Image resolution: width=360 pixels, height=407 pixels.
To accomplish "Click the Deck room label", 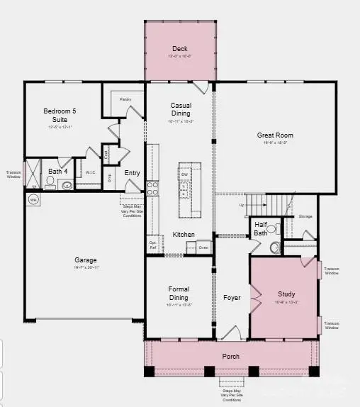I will tap(179, 49).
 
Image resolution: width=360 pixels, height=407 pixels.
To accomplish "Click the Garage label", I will tap(86, 260).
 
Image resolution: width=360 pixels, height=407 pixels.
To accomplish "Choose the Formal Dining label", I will tap(178, 293).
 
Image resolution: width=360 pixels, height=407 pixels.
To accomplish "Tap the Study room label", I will tap(286, 294).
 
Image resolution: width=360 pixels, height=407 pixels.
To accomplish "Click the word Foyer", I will tap(232, 298).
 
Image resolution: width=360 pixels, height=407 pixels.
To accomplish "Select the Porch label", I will tap(230, 356).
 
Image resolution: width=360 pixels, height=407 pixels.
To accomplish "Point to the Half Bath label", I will tap(260, 229).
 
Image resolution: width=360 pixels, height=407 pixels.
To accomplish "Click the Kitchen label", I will tap(184, 235).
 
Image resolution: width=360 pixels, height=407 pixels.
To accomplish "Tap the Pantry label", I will tap(125, 100).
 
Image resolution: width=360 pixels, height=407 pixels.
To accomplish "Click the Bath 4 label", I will tap(57, 172).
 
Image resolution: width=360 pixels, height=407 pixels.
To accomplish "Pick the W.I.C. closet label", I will tap(91, 172).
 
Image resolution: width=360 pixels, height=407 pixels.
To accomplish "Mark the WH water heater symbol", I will tap(33, 201).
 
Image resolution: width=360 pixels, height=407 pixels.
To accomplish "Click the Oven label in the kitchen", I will tap(203, 247).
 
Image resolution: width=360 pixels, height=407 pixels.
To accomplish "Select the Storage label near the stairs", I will tap(305, 216).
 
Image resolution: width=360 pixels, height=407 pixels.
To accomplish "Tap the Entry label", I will tap(132, 173).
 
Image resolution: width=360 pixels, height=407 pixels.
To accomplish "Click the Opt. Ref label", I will tap(152, 245).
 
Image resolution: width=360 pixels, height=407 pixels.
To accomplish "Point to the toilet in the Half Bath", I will tap(276, 248).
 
